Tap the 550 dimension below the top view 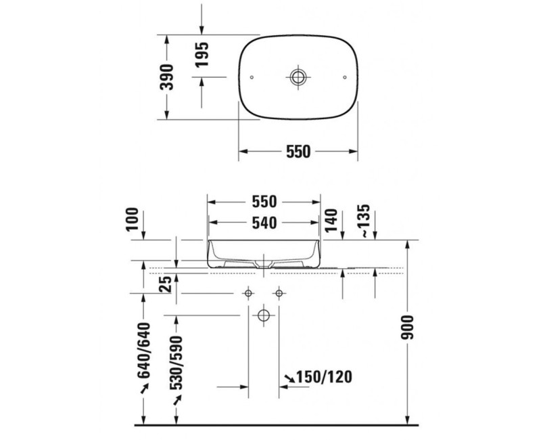(298, 152)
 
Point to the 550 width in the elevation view (264, 202)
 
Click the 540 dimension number (264, 222)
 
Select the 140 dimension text (331, 221)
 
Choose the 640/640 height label (143, 352)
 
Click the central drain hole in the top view (298, 76)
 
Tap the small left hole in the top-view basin (252, 77)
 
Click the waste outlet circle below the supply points (263, 315)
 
